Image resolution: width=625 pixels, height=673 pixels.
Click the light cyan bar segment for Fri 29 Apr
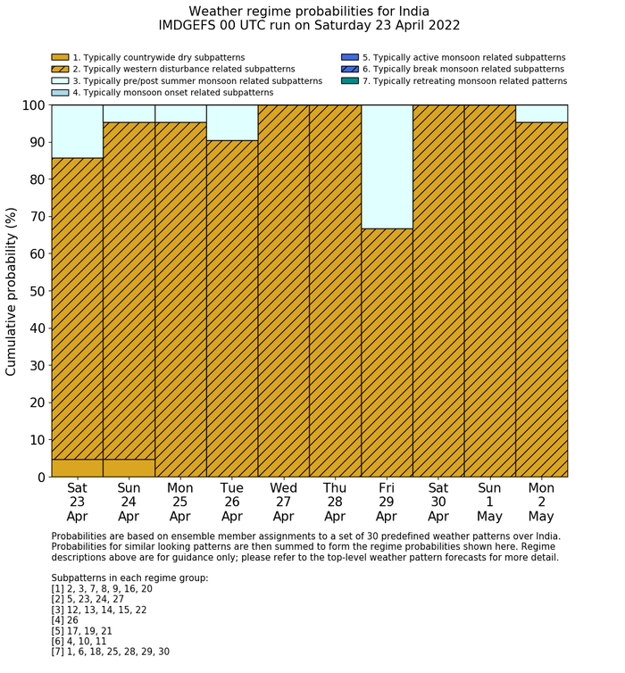point(387,166)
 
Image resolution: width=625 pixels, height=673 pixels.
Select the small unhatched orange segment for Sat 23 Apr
point(77,468)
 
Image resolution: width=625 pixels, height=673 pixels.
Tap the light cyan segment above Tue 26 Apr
point(232,122)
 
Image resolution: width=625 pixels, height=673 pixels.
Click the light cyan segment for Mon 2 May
point(541,113)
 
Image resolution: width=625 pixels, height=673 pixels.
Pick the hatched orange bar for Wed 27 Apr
point(284,290)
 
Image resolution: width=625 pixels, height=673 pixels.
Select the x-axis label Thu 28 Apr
point(335,502)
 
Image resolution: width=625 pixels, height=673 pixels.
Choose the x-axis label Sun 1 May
point(489,502)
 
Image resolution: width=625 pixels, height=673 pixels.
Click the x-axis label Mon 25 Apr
point(180,502)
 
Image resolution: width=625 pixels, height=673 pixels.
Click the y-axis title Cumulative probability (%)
point(12,290)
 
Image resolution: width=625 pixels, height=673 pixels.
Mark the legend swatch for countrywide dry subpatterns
point(60,57)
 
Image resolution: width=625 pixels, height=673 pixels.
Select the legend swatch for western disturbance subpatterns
point(60,69)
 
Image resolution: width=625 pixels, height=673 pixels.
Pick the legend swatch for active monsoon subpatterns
point(349,57)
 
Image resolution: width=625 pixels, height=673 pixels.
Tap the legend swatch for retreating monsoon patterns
point(349,80)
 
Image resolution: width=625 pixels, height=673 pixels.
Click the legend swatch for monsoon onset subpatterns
point(60,92)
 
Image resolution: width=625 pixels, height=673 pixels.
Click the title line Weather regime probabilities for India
point(309,11)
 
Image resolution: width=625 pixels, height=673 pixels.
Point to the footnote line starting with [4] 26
point(65,620)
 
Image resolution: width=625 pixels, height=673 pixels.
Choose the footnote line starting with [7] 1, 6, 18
point(110,652)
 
